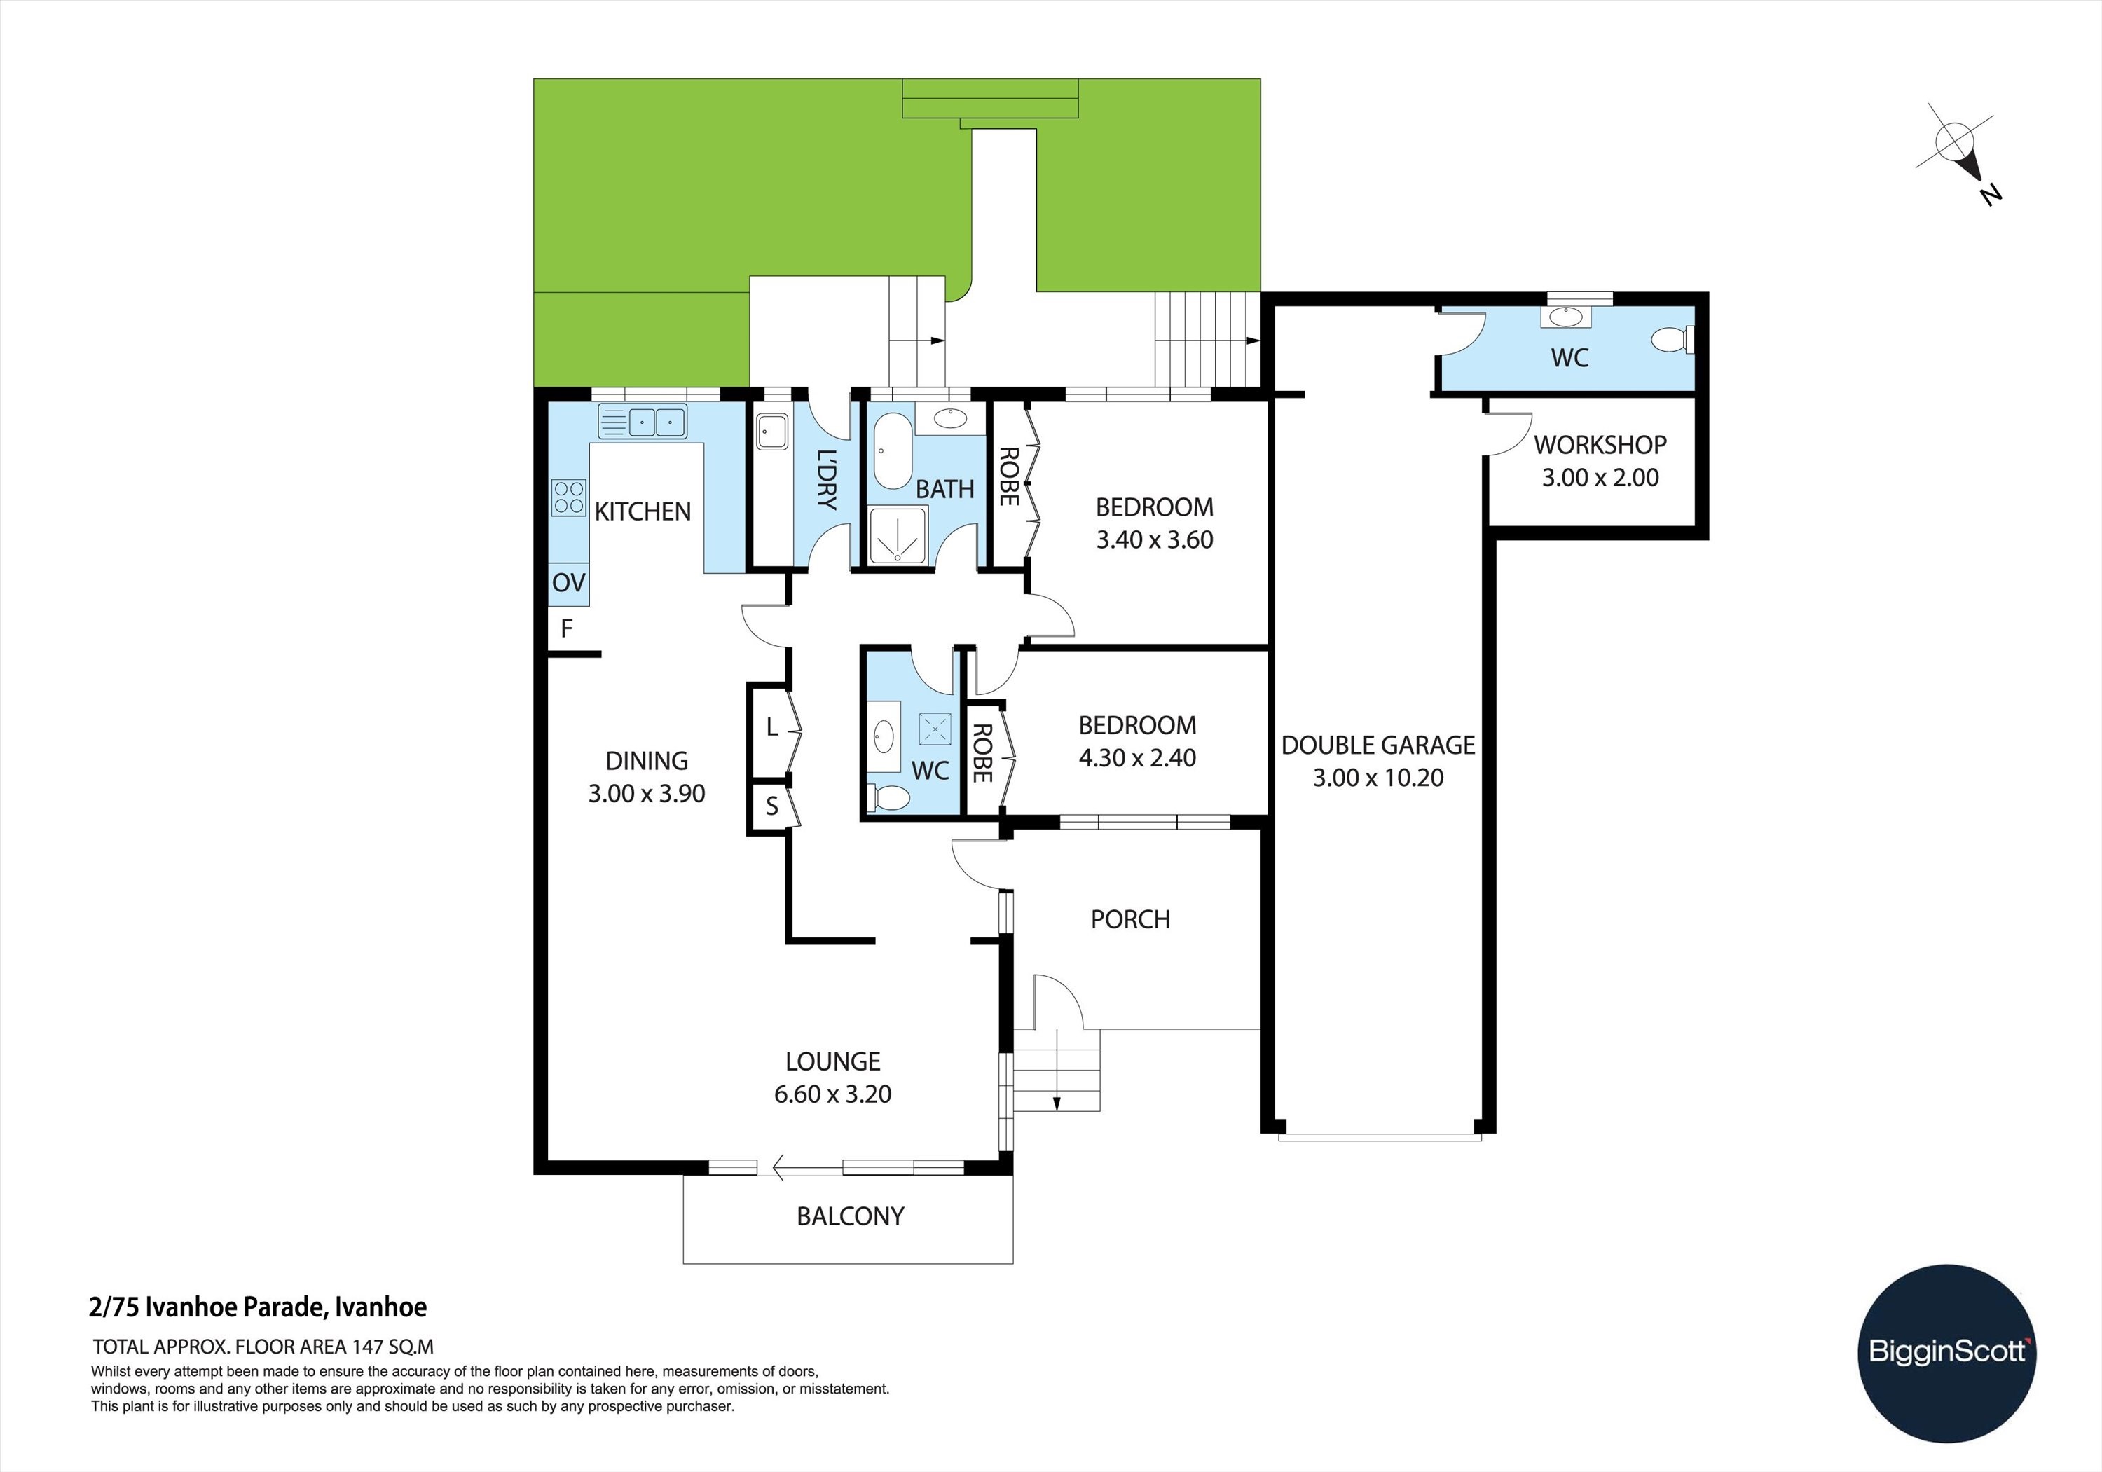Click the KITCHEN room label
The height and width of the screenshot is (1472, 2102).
[x=643, y=511]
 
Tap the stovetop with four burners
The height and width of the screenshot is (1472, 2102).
[x=568, y=498]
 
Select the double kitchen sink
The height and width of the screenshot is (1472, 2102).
[x=642, y=422]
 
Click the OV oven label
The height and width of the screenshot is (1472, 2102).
[x=568, y=582]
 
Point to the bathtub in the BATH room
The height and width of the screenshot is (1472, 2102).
[x=893, y=451]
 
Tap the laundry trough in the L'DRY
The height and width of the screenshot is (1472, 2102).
[x=771, y=432]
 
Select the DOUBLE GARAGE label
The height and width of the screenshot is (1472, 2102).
[x=1378, y=745]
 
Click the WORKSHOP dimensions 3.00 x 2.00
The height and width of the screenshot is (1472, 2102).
[x=1600, y=477]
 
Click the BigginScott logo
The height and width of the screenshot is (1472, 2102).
[x=1947, y=1353]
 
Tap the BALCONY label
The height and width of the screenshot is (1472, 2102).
[x=851, y=1216]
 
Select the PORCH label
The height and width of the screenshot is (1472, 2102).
[x=1129, y=919]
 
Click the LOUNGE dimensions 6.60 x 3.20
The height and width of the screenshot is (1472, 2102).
[x=832, y=1094]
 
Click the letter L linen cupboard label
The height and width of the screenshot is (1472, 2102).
[x=771, y=728]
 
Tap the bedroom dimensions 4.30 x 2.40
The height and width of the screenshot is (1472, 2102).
[x=1137, y=757]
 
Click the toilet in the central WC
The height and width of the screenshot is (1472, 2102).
[x=889, y=797]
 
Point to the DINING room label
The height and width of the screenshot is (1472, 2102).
[x=646, y=761]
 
